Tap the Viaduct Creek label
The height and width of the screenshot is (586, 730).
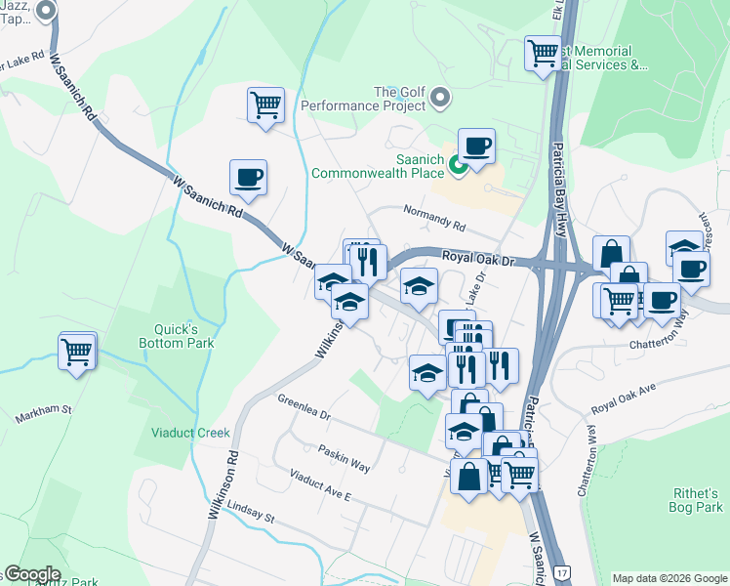tap(190, 433)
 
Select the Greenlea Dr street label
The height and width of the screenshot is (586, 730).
tap(304, 407)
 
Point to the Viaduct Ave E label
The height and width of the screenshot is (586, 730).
tap(320, 484)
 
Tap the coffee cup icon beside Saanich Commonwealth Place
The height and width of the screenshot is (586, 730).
tap(476, 146)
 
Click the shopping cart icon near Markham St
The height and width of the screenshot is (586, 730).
tap(77, 351)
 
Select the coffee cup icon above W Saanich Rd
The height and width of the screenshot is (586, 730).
tap(248, 178)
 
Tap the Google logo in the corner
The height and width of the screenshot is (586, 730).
tap(31, 574)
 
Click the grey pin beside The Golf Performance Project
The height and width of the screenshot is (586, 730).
tap(440, 98)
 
